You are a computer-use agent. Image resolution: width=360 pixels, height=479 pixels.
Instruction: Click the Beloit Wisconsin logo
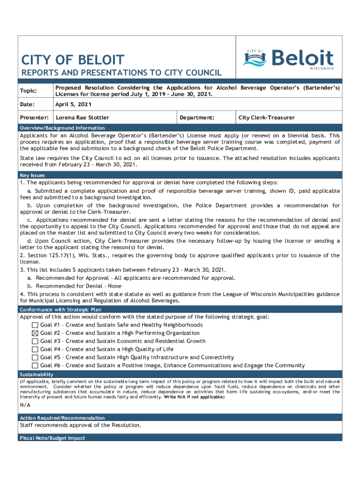pyautogui.click(x=288, y=59)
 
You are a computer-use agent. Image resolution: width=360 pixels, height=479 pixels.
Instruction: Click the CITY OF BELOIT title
pyautogui.click(x=73, y=60)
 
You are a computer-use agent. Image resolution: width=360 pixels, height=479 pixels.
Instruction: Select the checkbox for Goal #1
pyautogui.click(x=35, y=325)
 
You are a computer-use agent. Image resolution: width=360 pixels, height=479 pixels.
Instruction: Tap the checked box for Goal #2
pyautogui.click(x=35, y=333)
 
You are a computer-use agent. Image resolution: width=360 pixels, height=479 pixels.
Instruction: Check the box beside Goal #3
pyautogui.click(x=35, y=341)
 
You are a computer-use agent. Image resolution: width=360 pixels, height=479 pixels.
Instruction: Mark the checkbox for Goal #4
pyautogui.click(x=35, y=349)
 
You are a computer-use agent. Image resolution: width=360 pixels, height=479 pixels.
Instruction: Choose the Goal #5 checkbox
pyautogui.click(x=35, y=357)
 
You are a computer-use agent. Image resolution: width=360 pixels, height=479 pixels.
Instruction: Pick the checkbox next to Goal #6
pyautogui.click(x=35, y=365)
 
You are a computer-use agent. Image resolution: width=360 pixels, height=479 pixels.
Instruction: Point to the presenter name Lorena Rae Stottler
pyautogui.click(x=82, y=118)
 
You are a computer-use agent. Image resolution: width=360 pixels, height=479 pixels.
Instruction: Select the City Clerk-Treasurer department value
pyautogui.click(x=266, y=118)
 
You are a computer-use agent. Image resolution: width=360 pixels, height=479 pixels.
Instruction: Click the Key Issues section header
pyautogui.click(x=32, y=175)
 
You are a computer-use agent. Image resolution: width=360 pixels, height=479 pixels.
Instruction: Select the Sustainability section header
pyautogui.click(x=36, y=375)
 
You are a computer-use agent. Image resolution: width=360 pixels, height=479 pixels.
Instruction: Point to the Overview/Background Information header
pyautogui.click(x=62, y=128)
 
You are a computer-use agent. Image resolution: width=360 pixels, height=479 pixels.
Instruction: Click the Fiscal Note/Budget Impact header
pyautogui.click(x=52, y=438)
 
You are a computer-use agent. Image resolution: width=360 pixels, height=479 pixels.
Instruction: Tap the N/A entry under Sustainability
pyautogui.click(x=25, y=406)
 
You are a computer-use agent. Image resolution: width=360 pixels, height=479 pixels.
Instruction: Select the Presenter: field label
pyautogui.click(x=35, y=118)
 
